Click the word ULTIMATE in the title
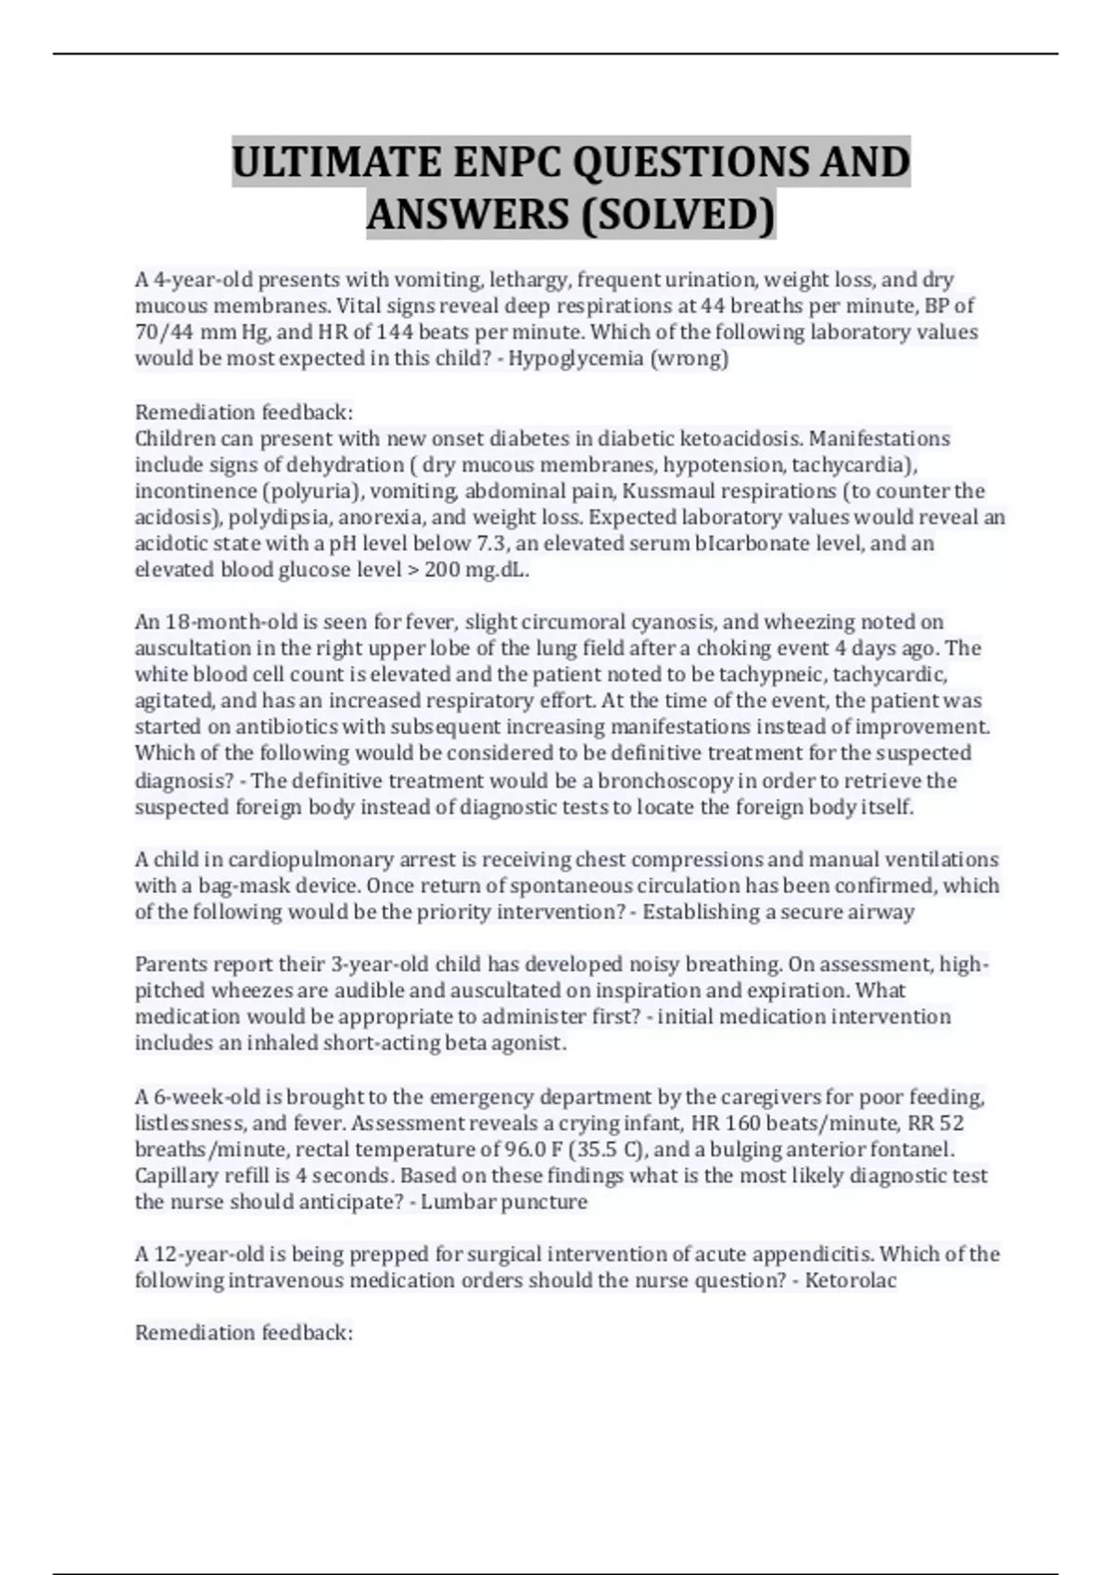tap(336, 163)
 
